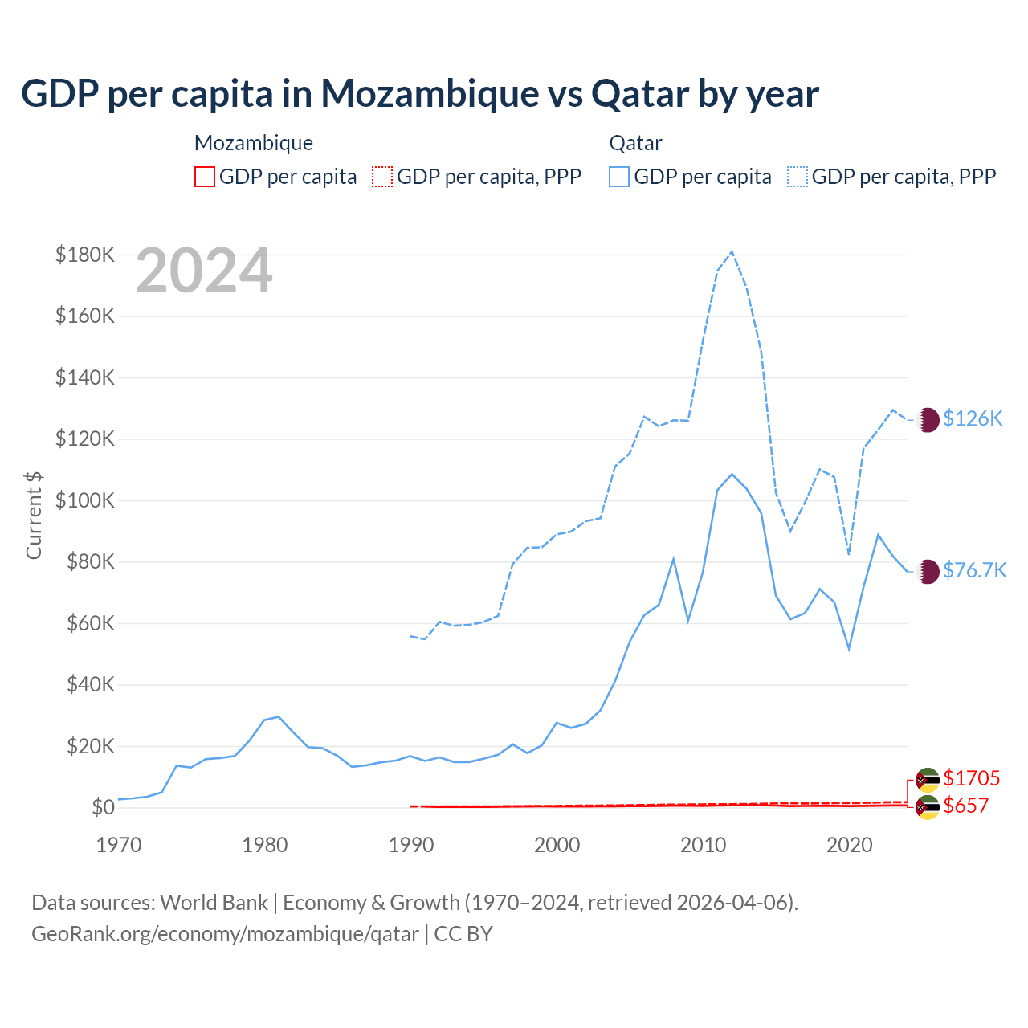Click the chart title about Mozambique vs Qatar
tap(419, 94)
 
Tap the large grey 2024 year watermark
tap(204, 271)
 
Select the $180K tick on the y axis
tap(85, 255)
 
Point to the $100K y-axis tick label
tap(85, 500)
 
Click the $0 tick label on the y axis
tap(103, 807)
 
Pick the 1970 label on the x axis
tap(119, 845)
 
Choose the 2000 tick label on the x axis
tap(557, 845)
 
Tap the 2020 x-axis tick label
tap(850, 845)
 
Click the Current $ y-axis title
tap(34, 515)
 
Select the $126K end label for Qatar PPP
tap(973, 418)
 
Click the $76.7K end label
tap(974, 570)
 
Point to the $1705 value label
tap(971, 778)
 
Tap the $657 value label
tap(965, 806)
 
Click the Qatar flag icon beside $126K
tap(928, 419)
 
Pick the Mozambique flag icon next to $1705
tap(928, 780)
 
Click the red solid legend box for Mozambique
tap(205, 177)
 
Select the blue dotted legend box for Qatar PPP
tap(798, 177)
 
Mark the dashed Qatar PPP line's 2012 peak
tap(732, 251)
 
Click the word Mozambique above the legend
tap(254, 143)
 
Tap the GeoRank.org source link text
tap(225, 934)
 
